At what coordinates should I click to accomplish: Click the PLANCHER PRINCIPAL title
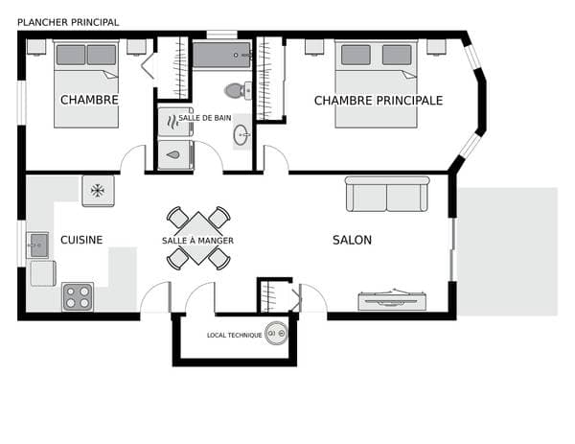[68, 22]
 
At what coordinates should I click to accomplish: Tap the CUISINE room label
[81, 240]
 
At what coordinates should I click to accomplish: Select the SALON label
[352, 240]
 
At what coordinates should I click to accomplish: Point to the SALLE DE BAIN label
[205, 118]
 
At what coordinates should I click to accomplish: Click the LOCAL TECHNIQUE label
[235, 335]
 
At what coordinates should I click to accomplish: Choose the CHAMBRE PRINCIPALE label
[379, 101]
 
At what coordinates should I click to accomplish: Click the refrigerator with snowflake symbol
[98, 191]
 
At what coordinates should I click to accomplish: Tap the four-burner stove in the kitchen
[78, 297]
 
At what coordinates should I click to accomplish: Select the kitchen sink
[37, 245]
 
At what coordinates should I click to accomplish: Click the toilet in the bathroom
[238, 90]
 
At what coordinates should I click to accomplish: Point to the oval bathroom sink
[241, 134]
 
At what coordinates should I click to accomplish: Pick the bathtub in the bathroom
[222, 55]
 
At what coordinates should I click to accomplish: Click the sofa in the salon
[387, 194]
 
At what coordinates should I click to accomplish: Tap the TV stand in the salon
[392, 300]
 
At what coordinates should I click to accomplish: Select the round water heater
[277, 334]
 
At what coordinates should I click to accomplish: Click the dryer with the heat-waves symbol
[175, 122]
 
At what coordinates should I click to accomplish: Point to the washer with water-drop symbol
[175, 155]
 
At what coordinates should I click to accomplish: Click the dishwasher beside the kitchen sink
[43, 273]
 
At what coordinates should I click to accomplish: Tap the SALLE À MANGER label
[197, 241]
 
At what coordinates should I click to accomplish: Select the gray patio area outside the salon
[508, 251]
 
